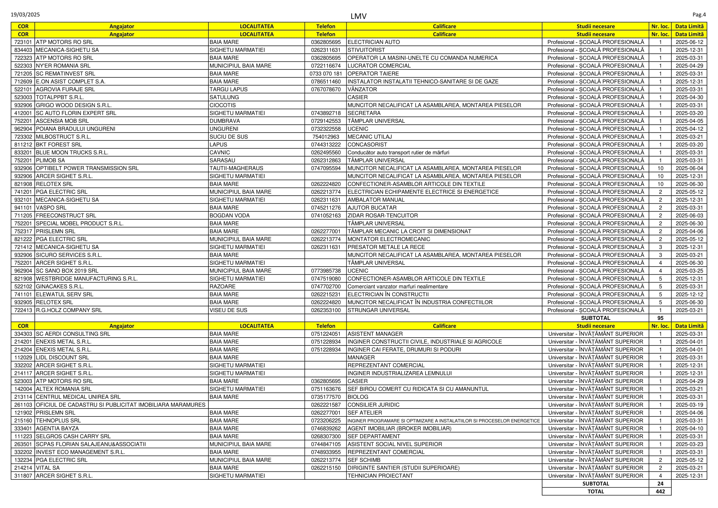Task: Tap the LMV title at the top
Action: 358,16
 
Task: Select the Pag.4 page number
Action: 699,15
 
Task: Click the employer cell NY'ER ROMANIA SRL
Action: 63,66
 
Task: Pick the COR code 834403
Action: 23,50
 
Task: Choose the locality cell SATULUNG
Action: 224,97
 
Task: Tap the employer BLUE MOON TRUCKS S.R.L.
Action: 72,152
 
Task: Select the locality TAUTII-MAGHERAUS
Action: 236,168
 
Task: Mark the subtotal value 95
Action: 660,318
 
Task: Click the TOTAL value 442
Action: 660,491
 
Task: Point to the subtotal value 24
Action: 660,484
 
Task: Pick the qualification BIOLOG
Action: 358,397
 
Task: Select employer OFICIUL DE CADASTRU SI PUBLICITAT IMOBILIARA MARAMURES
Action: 121,405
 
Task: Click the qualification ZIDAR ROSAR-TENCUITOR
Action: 383,216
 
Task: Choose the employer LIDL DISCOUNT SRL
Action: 63,358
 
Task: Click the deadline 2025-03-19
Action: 689,405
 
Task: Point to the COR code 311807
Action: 23,476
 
